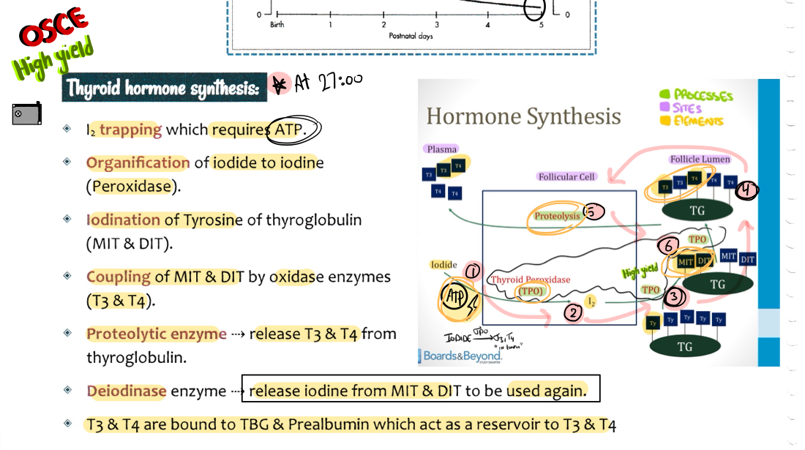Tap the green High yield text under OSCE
(x=53, y=59)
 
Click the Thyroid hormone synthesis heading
(x=163, y=88)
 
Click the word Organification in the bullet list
(x=138, y=162)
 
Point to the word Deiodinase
(x=127, y=391)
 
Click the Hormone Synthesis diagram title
(x=523, y=116)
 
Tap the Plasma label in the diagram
(x=442, y=149)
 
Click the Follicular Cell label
(x=567, y=176)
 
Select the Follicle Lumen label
(x=700, y=159)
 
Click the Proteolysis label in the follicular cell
(x=558, y=216)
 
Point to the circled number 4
(x=746, y=190)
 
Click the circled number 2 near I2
(x=573, y=312)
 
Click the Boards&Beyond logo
(x=458, y=356)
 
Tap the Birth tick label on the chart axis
(x=277, y=24)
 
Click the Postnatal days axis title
(x=411, y=35)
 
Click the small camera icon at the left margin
(x=26, y=113)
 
